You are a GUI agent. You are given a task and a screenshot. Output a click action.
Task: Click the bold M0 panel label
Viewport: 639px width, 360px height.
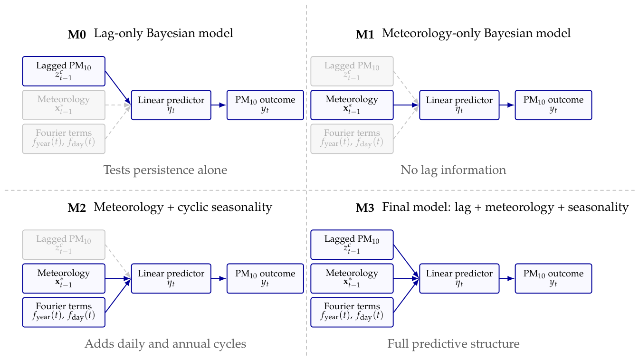point(77,35)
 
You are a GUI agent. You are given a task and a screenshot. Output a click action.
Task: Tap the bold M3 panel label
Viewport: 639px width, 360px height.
point(365,208)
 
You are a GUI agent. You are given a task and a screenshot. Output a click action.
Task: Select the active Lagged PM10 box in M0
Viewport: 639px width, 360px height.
point(64,71)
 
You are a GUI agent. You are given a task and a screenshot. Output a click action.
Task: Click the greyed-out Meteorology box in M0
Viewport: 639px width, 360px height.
point(64,105)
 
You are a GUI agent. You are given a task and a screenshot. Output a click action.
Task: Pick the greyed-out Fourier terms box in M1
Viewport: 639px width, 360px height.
point(352,139)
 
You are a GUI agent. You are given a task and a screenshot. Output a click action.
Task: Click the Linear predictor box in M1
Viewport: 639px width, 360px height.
point(459,105)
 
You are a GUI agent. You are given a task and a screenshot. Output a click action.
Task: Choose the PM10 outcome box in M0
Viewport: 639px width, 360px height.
point(265,105)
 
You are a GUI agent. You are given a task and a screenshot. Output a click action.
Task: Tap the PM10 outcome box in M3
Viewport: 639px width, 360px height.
point(553,278)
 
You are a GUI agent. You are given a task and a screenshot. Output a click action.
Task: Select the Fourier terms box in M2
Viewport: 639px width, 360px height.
point(64,313)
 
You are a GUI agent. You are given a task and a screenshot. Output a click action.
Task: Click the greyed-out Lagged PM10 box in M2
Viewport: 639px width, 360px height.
point(64,245)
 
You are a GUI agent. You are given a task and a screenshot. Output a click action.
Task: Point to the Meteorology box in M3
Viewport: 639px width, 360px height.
point(352,278)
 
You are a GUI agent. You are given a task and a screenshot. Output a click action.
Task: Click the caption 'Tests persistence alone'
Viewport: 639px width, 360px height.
point(165,171)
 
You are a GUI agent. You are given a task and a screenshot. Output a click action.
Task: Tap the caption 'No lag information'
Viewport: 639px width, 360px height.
point(453,171)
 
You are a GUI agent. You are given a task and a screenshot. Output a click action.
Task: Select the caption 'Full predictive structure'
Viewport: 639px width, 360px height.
point(453,344)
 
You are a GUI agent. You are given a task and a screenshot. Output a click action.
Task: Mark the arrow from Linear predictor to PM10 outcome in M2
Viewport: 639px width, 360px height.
point(219,278)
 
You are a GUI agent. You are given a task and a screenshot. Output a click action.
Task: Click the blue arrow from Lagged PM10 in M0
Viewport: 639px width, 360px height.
point(118,88)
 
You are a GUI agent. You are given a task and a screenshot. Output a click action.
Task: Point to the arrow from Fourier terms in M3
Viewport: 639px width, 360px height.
point(406,295)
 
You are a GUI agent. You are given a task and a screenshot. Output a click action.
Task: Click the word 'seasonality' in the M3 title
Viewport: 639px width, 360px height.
point(598,208)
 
